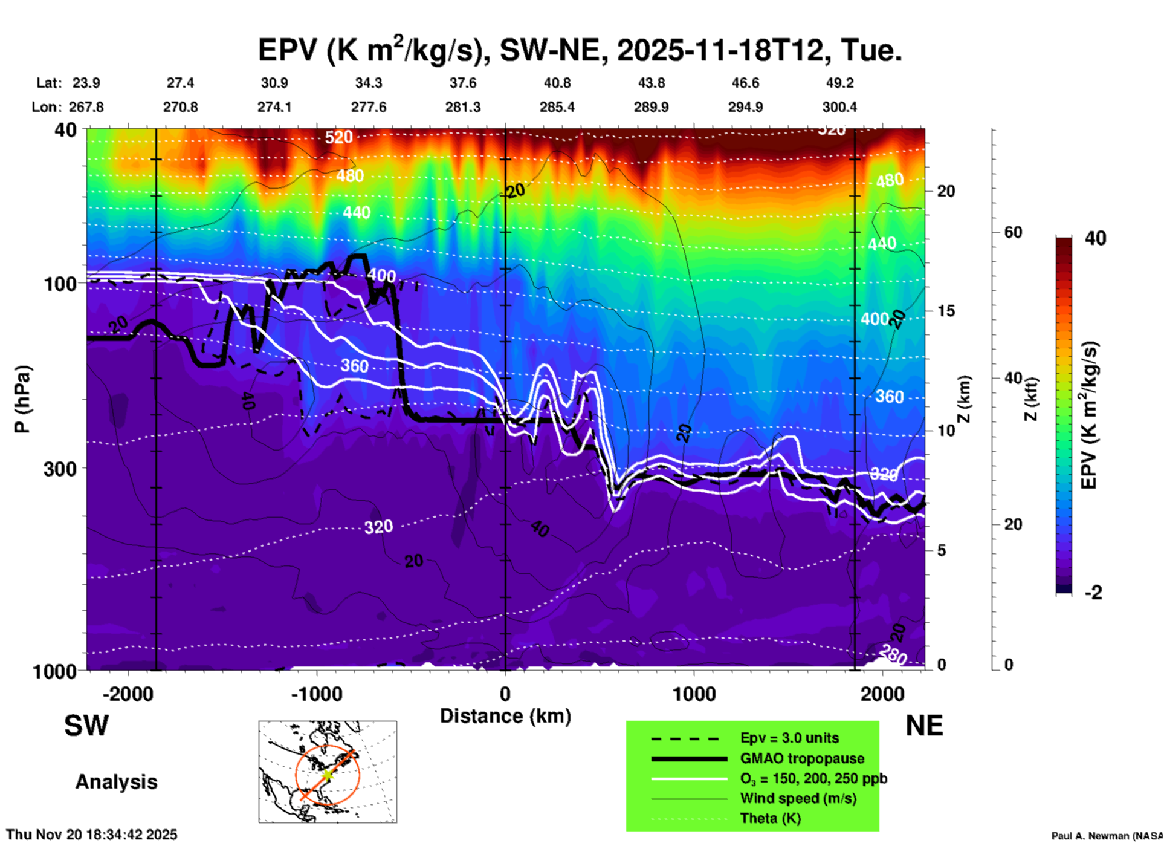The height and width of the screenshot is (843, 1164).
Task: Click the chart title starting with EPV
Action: [580, 50]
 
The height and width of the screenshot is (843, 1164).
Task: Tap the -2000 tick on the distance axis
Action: [128, 694]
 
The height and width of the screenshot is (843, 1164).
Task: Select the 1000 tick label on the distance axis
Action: [694, 694]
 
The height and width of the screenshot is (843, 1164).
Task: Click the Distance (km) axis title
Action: [505, 716]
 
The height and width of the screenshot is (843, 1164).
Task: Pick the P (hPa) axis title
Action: [22, 399]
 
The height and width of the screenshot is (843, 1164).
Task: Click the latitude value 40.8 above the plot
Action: [557, 83]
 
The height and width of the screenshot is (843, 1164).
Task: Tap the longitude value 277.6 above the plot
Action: [369, 107]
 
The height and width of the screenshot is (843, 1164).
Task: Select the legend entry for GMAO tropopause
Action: [802, 758]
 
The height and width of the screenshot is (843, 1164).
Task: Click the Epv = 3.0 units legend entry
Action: [789, 738]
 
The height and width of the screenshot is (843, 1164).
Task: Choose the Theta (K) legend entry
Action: [771, 818]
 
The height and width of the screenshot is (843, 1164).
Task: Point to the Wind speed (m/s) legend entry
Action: [798, 798]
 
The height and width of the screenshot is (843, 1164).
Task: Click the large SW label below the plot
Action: [86, 726]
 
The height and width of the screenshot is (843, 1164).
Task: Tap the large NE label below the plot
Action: [924, 726]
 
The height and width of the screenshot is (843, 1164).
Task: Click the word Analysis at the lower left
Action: [116, 782]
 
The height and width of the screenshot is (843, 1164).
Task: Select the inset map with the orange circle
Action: [328, 772]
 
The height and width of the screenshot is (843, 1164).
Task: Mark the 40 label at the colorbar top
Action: [1095, 238]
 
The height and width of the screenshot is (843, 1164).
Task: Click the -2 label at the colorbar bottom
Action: [1093, 592]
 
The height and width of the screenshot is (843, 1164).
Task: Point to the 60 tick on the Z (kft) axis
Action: [1013, 232]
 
